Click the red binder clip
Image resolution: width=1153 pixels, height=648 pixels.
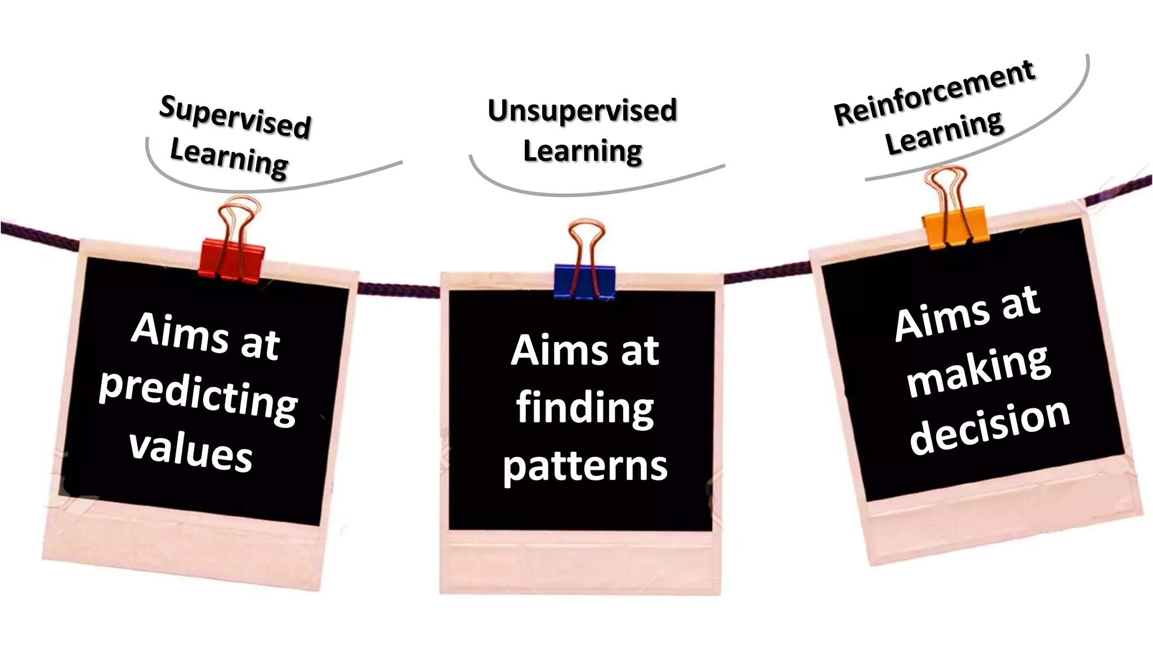231,259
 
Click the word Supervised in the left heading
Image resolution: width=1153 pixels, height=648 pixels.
235,117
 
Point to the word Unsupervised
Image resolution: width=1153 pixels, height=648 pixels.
582,110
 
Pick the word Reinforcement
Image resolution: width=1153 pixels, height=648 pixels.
934,93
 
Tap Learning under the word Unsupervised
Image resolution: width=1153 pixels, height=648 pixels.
583,151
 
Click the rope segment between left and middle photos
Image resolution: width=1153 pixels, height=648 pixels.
399,290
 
